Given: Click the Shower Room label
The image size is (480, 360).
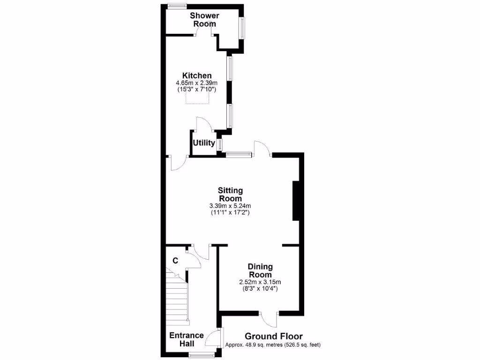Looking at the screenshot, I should [x=204, y=20].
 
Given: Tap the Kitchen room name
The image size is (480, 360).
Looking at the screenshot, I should [x=197, y=75].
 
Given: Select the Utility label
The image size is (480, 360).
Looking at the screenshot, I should [x=203, y=143].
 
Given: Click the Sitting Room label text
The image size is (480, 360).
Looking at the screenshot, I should [x=230, y=195].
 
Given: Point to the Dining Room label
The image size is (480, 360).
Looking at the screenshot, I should [x=260, y=270].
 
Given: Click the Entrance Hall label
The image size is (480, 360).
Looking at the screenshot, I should [x=187, y=339].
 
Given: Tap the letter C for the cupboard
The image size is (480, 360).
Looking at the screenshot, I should [x=175, y=261].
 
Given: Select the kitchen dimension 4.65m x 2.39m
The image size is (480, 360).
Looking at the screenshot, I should [x=197, y=83].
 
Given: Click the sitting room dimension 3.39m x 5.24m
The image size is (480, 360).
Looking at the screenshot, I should [x=230, y=206].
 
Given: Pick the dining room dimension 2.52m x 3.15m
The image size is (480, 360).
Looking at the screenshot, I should [x=260, y=282].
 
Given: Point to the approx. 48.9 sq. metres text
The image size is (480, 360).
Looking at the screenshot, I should [x=273, y=345].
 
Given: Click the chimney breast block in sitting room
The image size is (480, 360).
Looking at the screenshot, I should [x=296, y=200].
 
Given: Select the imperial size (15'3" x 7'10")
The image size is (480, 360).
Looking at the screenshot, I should [x=197, y=89].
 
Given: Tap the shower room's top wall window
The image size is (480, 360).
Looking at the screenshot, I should [x=178, y=6].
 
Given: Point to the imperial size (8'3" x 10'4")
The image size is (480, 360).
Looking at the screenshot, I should [x=260, y=289].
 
